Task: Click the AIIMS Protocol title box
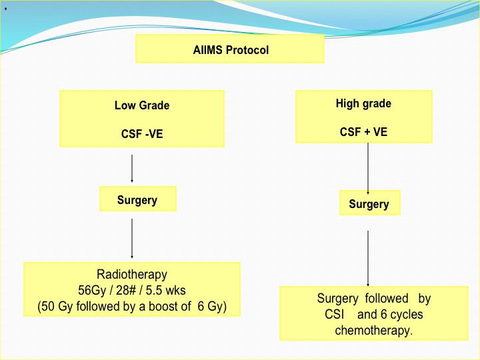230,49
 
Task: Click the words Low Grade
142,105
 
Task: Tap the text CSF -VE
142,134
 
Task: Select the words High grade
363,104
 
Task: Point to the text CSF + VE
364,132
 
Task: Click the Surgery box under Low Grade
138,199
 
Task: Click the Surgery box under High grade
370,203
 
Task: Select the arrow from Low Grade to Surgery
132,169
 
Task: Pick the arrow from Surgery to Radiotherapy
132,239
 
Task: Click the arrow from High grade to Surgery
368,169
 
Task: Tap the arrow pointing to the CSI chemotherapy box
368,259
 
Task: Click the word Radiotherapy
132,275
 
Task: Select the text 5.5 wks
165,290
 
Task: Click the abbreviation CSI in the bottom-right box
334,315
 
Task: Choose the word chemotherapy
374,331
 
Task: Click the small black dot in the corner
6,9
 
